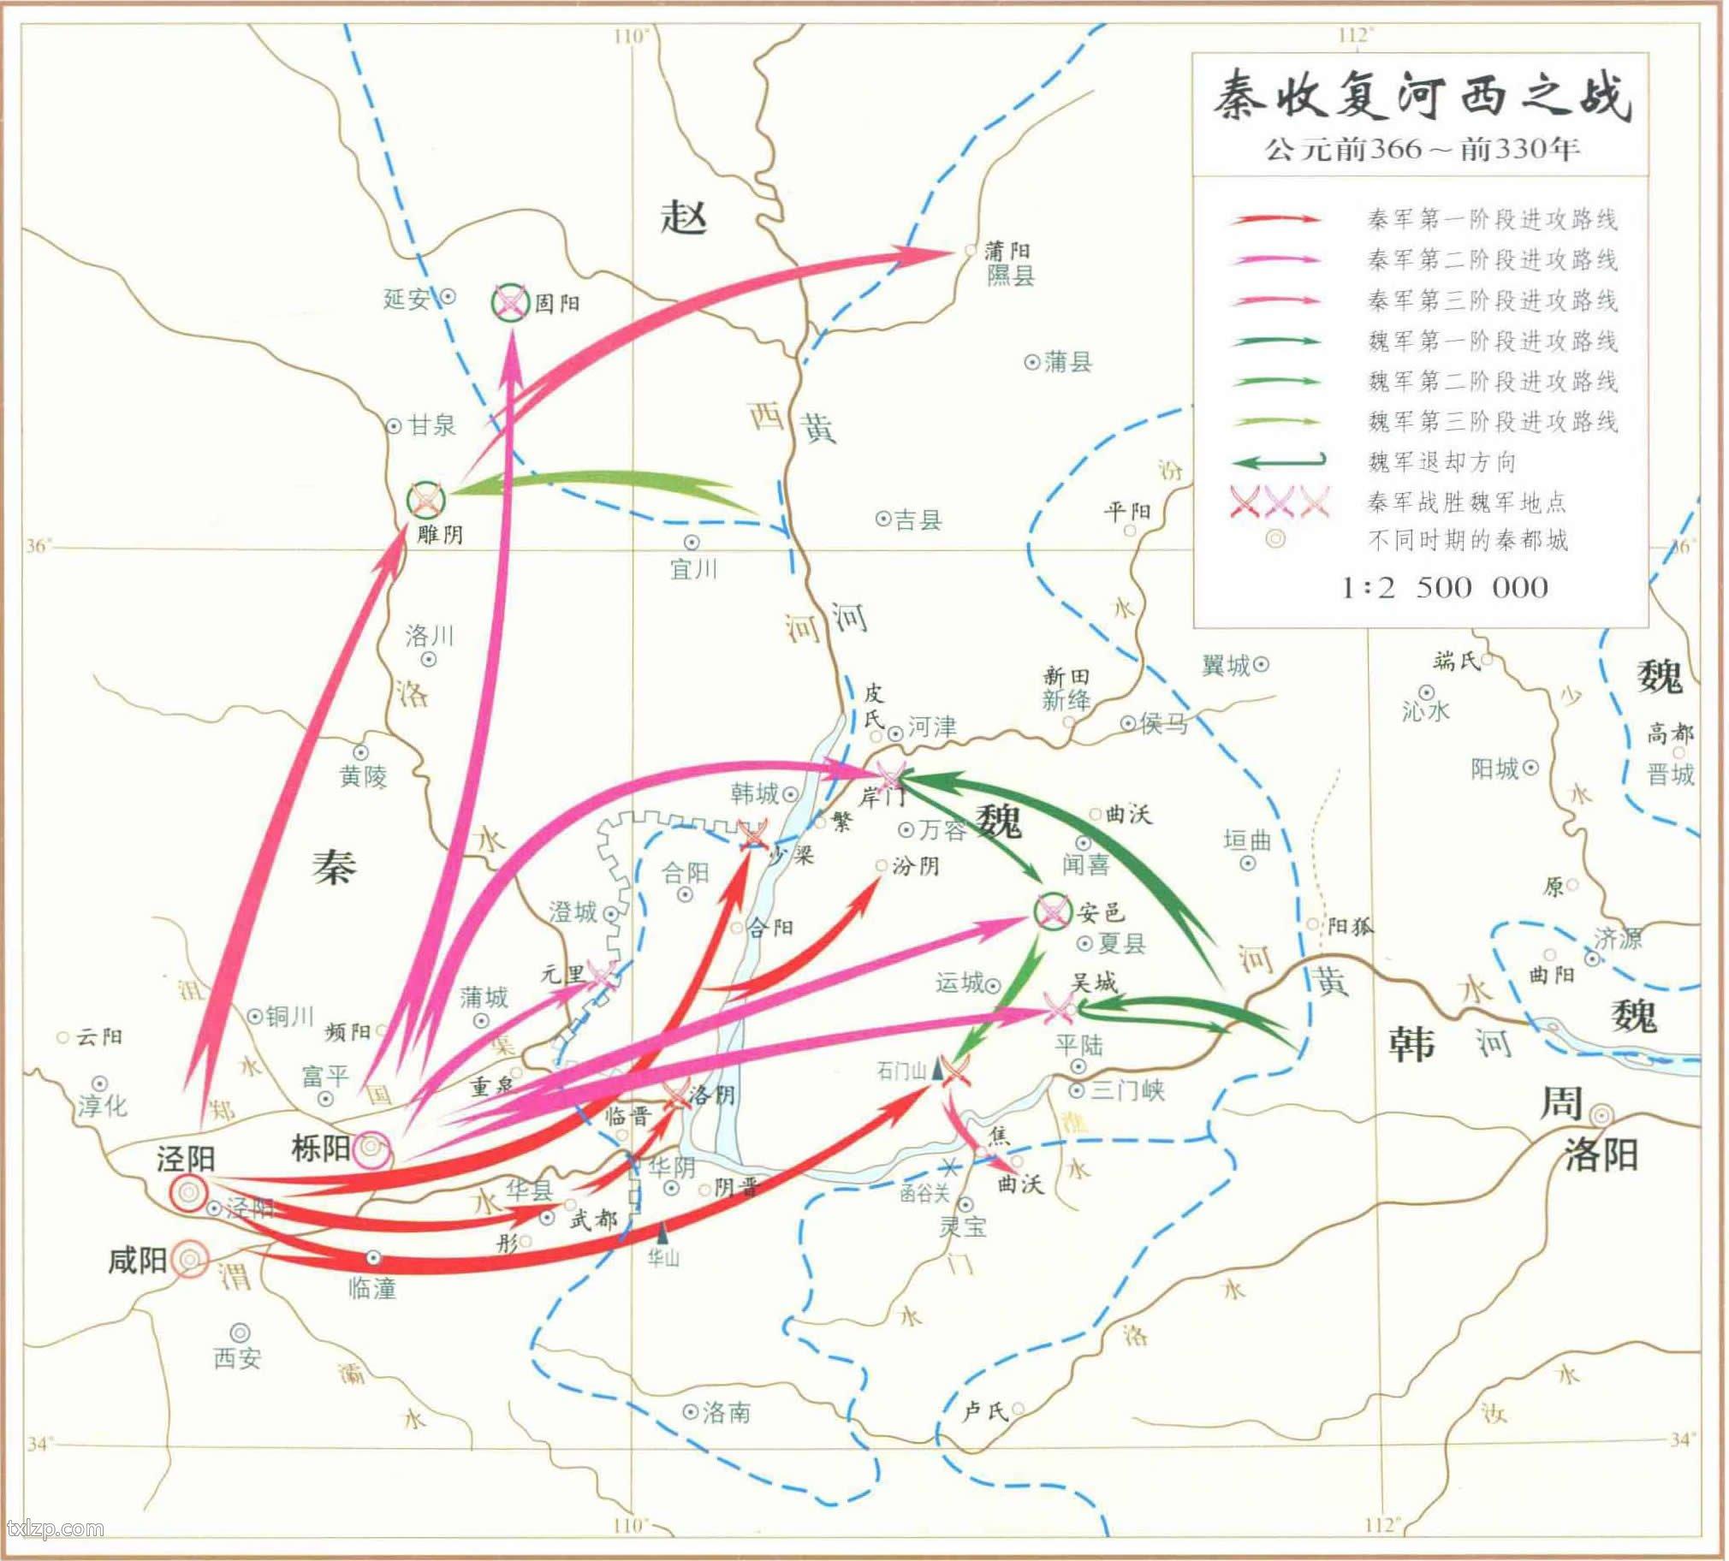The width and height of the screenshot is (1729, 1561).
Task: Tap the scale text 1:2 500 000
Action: coord(1444,589)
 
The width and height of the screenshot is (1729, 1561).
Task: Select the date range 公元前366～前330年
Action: coord(1421,149)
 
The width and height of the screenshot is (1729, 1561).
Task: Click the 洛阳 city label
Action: coord(1601,1155)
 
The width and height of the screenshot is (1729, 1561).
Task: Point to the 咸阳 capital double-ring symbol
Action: coord(189,1259)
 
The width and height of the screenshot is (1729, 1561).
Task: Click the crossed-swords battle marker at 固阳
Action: coord(509,303)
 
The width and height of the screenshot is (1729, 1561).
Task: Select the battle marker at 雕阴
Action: coord(426,499)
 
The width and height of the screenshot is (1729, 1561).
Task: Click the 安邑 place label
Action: coord(1101,911)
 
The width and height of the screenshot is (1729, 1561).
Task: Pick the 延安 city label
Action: coord(406,299)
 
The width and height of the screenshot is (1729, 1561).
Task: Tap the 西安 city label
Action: coord(237,1357)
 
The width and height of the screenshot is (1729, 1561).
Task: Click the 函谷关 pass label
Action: coord(924,1192)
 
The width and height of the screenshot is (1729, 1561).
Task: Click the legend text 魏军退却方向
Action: coord(1453,462)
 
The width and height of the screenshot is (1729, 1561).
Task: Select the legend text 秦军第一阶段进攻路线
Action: coord(1492,220)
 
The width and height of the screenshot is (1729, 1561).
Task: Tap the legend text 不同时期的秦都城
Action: coord(1467,540)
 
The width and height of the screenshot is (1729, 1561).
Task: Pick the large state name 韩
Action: coord(1411,1044)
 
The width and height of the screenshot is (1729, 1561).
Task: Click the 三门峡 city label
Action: coord(1127,1092)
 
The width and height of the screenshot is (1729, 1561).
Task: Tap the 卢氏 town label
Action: coord(984,1411)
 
